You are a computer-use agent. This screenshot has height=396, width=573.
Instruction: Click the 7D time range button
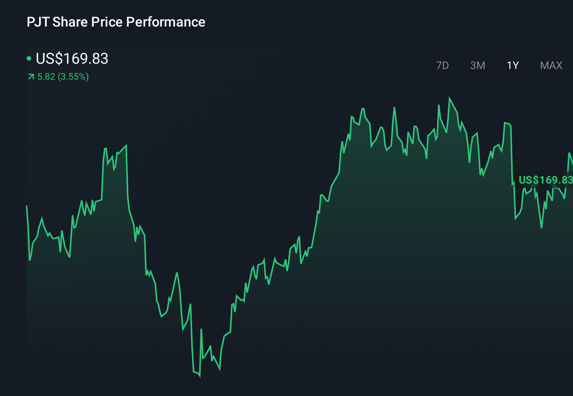[x=442, y=66]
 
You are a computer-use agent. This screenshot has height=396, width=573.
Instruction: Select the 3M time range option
[x=477, y=66]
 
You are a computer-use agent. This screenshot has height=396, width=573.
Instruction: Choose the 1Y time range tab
[x=513, y=66]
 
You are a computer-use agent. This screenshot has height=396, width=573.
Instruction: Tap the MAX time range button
[x=551, y=66]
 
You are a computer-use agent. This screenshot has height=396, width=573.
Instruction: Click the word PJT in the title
[x=38, y=22]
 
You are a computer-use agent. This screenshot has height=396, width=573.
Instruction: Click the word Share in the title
[x=70, y=22]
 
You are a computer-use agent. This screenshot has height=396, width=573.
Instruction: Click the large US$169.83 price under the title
[x=72, y=59]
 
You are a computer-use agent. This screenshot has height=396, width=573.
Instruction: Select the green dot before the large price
[x=29, y=58]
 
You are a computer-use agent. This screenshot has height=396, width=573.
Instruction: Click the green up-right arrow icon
[x=31, y=77]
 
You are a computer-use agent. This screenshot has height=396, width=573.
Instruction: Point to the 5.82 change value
[x=46, y=77]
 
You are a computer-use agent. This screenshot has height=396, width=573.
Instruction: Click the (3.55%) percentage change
[x=73, y=77]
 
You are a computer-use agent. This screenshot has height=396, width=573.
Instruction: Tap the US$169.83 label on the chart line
[x=545, y=180]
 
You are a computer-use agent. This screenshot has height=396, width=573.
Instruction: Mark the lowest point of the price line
[x=200, y=376]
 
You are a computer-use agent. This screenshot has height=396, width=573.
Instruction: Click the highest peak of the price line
[x=450, y=98]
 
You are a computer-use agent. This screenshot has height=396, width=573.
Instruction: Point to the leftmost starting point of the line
[x=27, y=206]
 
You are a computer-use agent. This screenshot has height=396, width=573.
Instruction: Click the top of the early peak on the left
[x=126, y=145]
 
